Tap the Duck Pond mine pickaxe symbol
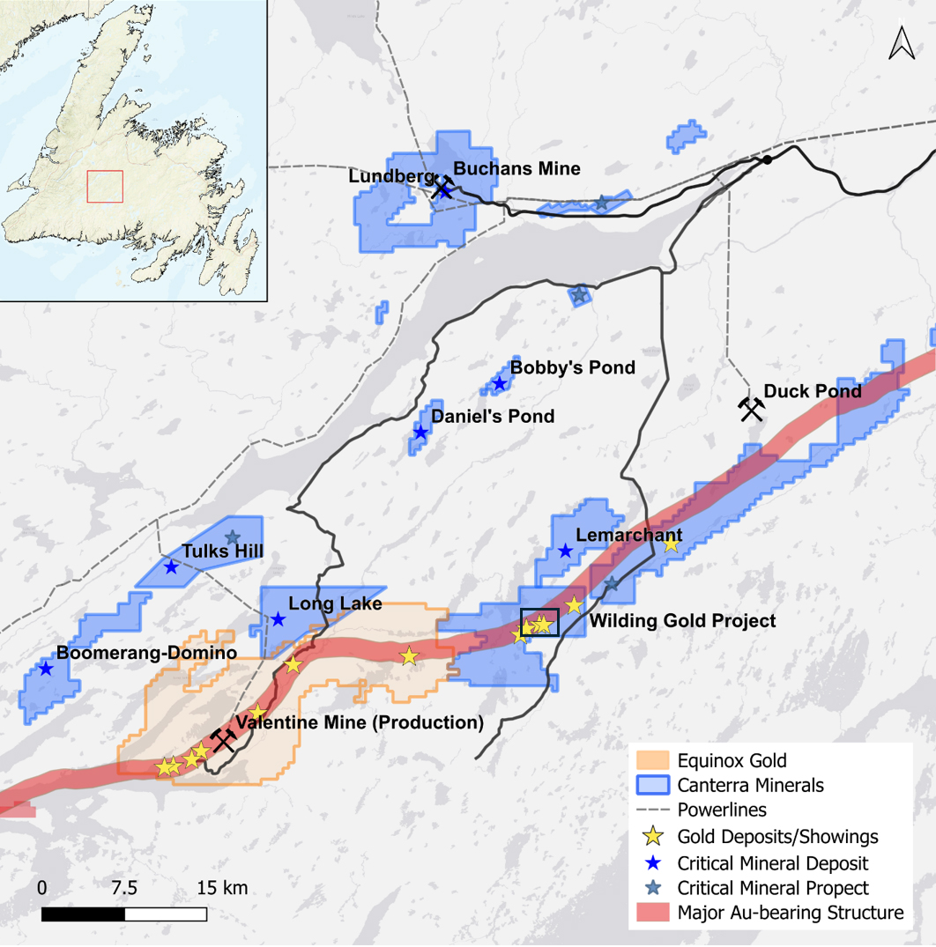[x=751, y=409]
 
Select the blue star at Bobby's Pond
[x=500, y=383]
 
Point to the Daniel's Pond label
[x=493, y=416]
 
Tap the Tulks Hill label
[x=223, y=551]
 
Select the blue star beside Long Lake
[x=279, y=619]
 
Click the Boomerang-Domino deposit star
[x=46, y=669]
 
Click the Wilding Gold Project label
[x=682, y=621]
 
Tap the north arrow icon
[x=901, y=43]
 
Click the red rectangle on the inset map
[x=105, y=187]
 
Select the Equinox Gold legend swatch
[x=653, y=760]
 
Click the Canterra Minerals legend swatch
[x=653, y=785]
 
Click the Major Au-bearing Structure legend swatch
[x=653, y=913]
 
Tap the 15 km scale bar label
[x=222, y=887]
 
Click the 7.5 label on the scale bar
[x=124, y=887]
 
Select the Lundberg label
[x=386, y=176]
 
